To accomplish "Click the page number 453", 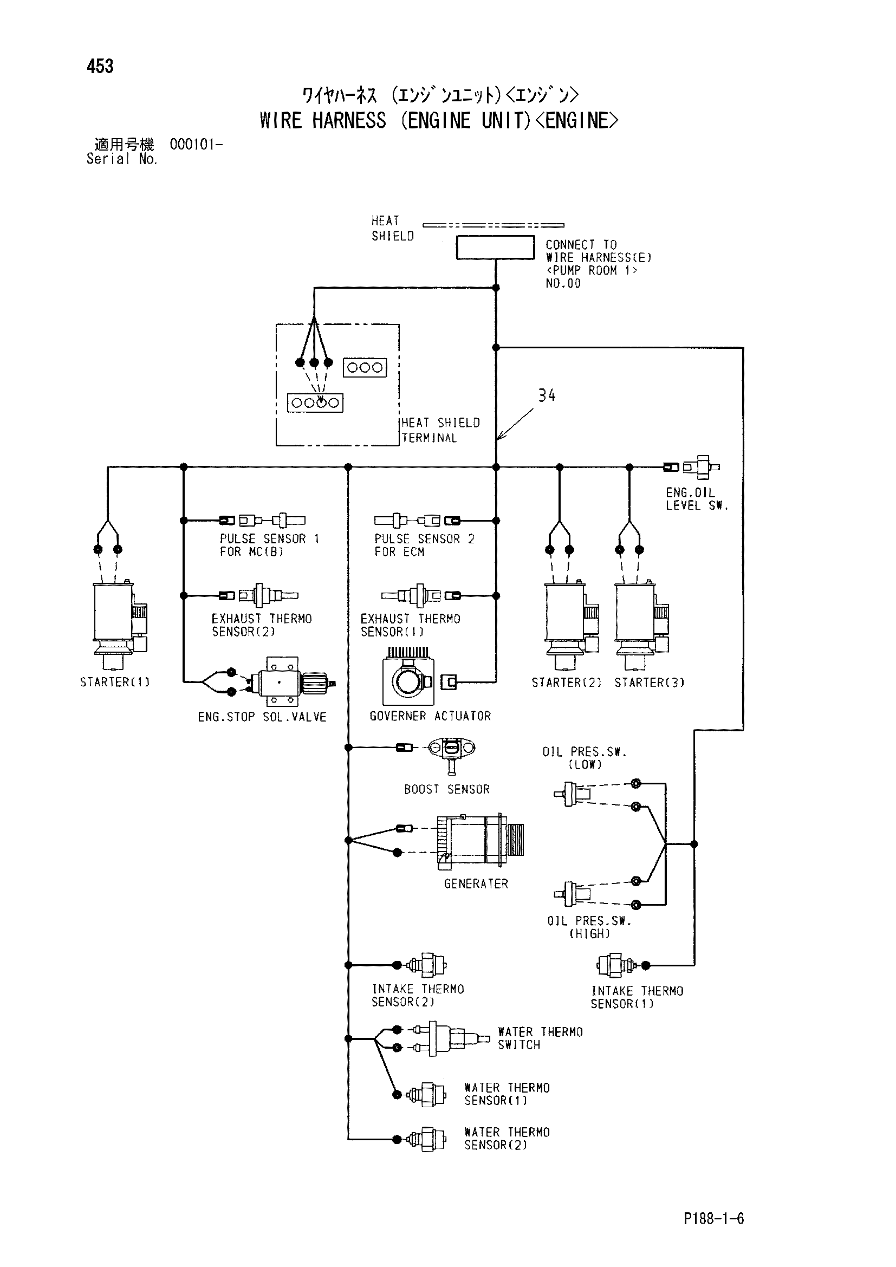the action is tap(100, 66).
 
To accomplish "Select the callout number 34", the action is tap(547, 395).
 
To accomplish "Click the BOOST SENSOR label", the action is tap(447, 790).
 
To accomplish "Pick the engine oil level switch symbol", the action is tap(701, 467).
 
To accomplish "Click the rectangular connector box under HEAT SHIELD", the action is tap(496, 247).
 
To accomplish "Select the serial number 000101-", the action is tap(197, 145).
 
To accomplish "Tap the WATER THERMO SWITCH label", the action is tap(540, 1038).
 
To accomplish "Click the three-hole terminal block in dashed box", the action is tap(365, 367).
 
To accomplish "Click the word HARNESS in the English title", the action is tap(349, 120).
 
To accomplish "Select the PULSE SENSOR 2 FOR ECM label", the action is tap(424, 545).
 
